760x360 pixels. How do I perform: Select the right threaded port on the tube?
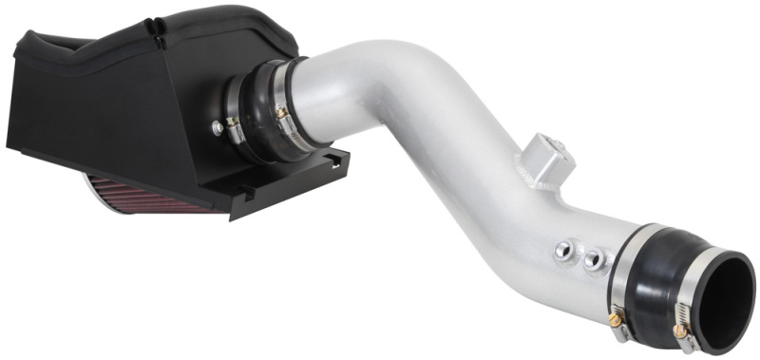[x=596, y=257]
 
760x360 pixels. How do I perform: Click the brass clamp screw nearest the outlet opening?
[x=679, y=332]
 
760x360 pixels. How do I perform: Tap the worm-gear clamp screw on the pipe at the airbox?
[x=280, y=113]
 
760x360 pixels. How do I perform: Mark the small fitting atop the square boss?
[x=558, y=145]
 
